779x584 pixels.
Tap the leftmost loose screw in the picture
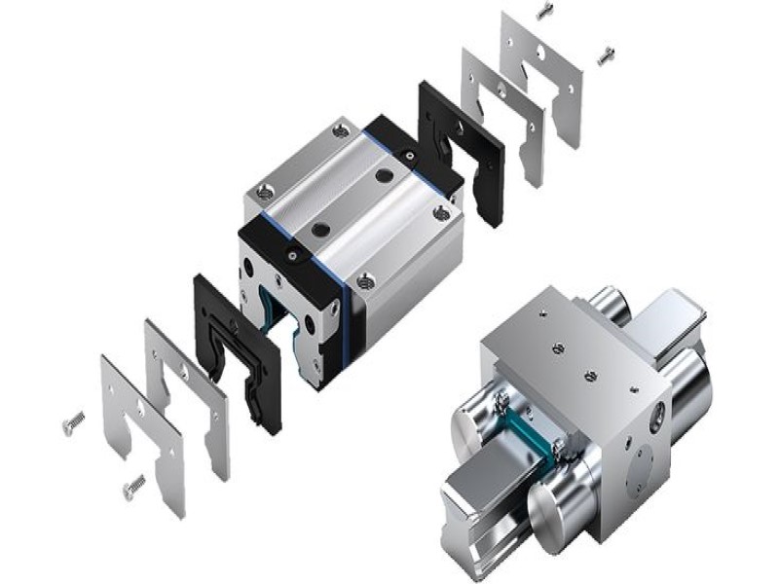pyautogui.click(x=73, y=420)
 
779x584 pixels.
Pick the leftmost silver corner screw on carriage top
pyautogui.click(x=260, y=193)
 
